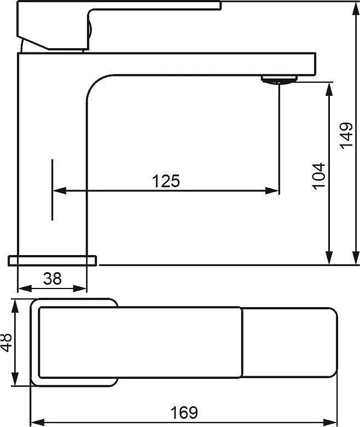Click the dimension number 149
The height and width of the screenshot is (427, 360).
[346, 136]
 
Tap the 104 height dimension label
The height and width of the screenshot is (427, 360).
[318, 176]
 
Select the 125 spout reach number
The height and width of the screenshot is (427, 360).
[166, 181]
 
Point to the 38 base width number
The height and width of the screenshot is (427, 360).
[53, 279]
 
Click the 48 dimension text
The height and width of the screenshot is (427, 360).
[6, 342]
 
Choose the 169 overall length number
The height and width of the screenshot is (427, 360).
[184, 413]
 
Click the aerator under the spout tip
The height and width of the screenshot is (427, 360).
[279, 80]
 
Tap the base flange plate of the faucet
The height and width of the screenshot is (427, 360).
[53, 261]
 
